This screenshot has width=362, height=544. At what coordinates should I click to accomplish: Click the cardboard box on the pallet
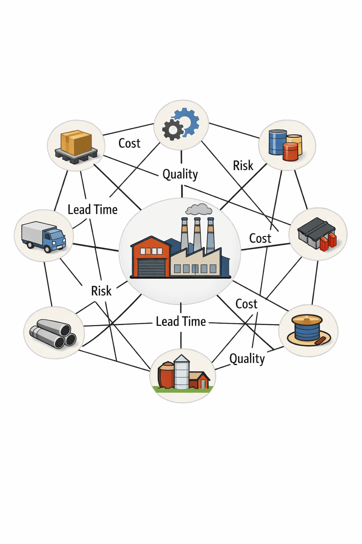[x=76, y=142]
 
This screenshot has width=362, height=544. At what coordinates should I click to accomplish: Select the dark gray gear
[x=173, y=130]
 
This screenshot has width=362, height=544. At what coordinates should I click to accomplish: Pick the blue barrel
[x=278, y=142]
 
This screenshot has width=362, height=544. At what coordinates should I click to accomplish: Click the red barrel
[x=291, y=152]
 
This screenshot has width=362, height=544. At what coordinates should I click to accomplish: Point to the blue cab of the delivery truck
[x=55, y=238]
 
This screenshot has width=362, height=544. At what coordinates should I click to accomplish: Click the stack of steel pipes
[x=53, y=334]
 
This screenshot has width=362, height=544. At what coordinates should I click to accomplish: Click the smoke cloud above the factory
[x=199, y=210]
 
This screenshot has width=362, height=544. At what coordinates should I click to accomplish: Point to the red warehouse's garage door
[x=151, y=267]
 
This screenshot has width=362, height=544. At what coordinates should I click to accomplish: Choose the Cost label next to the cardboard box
[x=129, y=143]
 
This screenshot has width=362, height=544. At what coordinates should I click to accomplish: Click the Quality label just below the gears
[x=180, y=174]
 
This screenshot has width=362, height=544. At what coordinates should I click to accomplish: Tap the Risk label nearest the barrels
[x=243, y=166]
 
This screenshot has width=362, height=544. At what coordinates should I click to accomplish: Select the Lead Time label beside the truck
[x=93, y=210]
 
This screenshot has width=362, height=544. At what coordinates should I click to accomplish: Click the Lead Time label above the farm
[x=181, y=322]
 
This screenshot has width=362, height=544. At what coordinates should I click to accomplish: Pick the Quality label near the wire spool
[x=247, y=359]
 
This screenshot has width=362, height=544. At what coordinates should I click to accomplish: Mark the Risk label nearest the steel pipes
[x=101, y=291]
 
